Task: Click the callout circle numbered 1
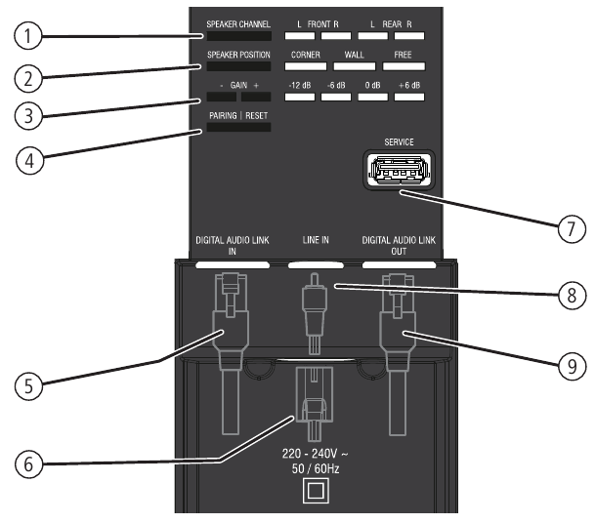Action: [27, 36]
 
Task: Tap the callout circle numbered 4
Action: [29, 161]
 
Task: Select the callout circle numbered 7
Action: [572, 228]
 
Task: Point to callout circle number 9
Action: [572, 367]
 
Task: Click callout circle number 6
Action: [28, 464]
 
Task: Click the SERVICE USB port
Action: [399, 170]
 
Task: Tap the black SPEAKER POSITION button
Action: [238, 66]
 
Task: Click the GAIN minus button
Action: [222, 97]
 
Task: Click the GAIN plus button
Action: [256, 97]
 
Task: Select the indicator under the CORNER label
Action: [306, 66]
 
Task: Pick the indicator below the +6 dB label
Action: [409, 97]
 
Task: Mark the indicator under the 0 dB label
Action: [373, 97]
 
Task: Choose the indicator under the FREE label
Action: [404, 66]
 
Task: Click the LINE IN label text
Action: [316, 240]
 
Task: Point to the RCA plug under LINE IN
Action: [315, 313]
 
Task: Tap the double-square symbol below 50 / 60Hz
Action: [316, 491]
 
